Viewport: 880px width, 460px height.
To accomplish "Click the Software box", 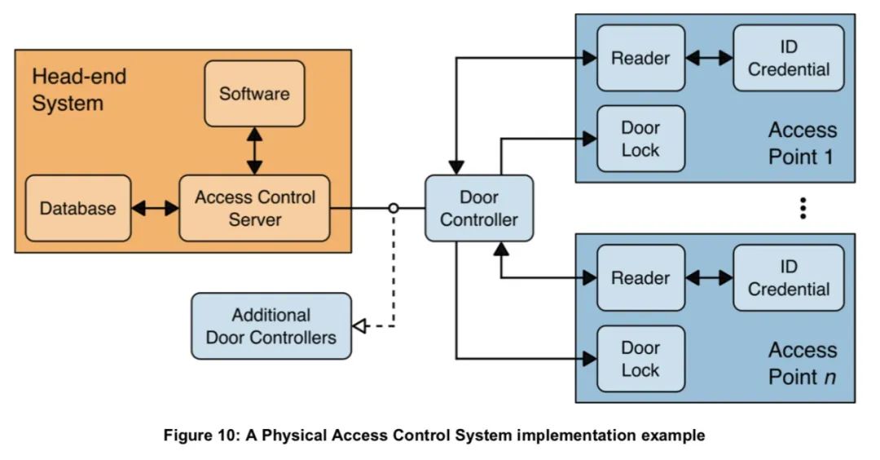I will [254, 94].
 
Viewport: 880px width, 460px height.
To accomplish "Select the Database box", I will [78, 208].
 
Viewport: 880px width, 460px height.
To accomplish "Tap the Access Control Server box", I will [254, 208].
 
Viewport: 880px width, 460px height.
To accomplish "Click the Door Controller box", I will [478, 208].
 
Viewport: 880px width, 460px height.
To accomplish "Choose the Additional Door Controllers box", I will [271, 326].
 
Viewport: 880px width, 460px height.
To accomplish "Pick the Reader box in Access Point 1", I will [640, 58].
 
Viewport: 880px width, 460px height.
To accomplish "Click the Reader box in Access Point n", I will [640, 278].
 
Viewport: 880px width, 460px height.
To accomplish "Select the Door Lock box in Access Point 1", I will [640, 139].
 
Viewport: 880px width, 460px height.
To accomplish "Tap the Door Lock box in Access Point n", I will [640, 359].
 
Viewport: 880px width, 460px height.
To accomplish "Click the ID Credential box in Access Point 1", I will [788, 58].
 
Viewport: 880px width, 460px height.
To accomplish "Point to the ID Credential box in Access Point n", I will [788, 278].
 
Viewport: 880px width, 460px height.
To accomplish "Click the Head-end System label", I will [78, 91].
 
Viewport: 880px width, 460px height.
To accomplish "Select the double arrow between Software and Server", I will [255, 151].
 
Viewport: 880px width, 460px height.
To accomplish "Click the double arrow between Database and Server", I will [155, 208].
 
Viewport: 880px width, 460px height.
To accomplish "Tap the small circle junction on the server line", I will [394, 208].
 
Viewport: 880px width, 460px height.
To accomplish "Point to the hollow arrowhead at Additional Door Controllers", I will [358, 327].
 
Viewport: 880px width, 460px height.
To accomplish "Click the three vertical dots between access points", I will [803, 208].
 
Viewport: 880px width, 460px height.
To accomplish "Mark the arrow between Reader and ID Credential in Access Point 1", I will [709, 58].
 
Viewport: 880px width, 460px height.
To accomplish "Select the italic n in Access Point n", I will [829, 377].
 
